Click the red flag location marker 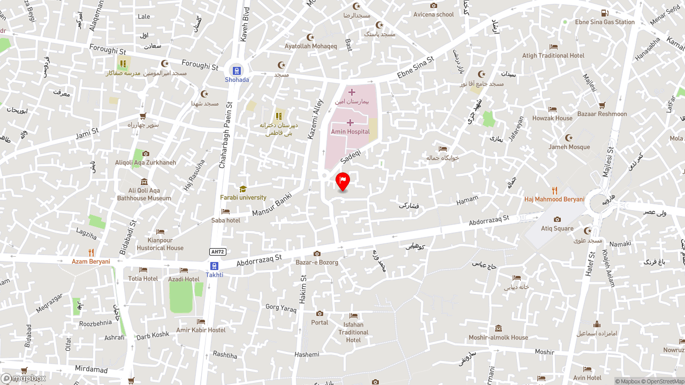tap(342, 181)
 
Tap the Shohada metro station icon tap(237, 71)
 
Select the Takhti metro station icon tap(214, 266)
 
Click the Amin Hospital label tap(350, 132)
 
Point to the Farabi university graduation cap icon tap(243, 189)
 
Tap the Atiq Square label tap(557, 228)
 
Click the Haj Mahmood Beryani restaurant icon tap(554, 190)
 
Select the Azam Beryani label tap(91, 261)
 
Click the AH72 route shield tap(217, 252)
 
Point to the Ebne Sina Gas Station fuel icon tap(604, 13)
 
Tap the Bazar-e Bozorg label tap(317, 263)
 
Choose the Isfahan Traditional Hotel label tap(353, 332)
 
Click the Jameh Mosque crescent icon tap(568, 138)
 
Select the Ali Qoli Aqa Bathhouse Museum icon tap(143, 182)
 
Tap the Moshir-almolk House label tap(498, 337)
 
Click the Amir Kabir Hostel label tap(201, 330)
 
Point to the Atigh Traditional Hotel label tap(553, 56)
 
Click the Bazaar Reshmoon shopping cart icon tap(602, 105)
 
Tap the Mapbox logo tap(24, 378)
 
